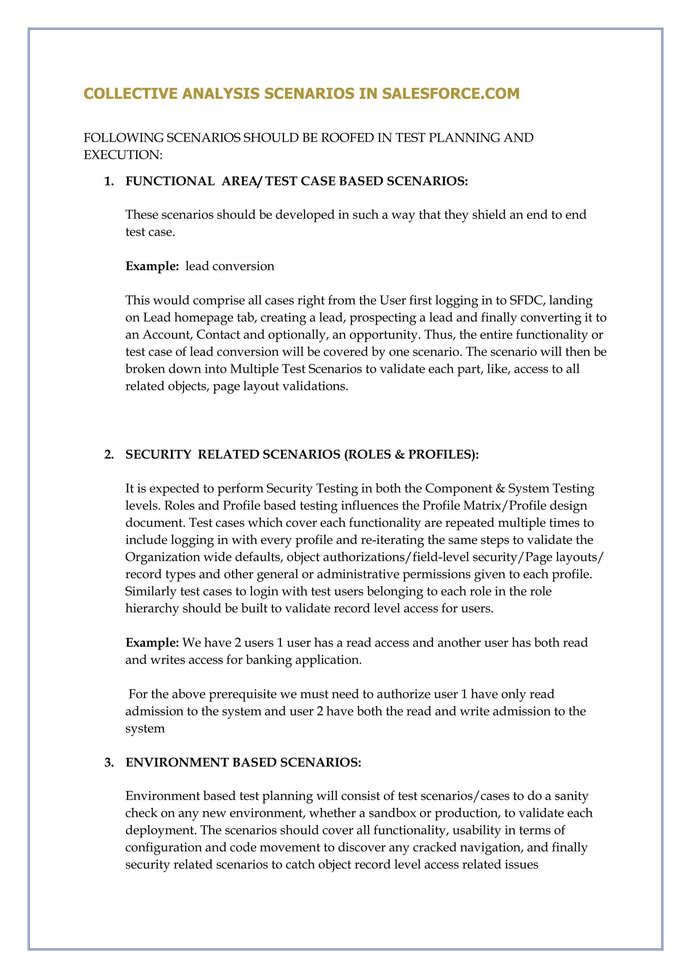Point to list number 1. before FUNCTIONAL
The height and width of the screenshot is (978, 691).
[109, 181]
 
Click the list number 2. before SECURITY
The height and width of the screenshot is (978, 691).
[109, 455]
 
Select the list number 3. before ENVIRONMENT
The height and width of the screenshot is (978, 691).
[109, 763]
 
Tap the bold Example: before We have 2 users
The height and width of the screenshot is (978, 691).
[152, 643]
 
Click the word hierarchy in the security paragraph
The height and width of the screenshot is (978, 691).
[152, 609]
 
